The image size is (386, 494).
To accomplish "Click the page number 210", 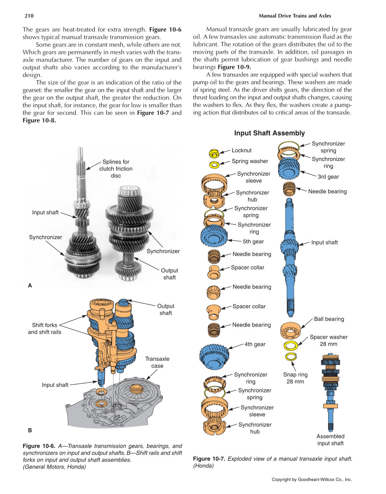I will (x=29, y=16).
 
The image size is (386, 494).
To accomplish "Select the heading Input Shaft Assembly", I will (x=269, y=133).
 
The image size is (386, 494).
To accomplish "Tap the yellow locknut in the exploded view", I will (x=214, y=153).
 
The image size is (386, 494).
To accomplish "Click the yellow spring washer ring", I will (x=214, y=165).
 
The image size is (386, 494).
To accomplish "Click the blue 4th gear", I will (x=214, y=356).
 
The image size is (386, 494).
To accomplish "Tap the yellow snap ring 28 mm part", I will (x=291, y=357).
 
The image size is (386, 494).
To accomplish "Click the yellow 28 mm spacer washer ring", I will (x=291, y=346).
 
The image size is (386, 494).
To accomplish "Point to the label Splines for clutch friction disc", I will (x=116, y=169).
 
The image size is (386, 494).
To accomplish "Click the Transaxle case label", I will (x=157, y=362).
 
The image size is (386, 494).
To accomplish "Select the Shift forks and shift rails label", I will (x=44, y=328).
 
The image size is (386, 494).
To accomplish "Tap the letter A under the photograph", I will (x=30, y=286).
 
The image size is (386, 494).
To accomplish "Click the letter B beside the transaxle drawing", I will (x=30, y=430).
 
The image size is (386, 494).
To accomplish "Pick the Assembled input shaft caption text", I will (x=330, y=440).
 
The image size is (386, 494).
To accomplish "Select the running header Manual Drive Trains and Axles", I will (x=295, y=16).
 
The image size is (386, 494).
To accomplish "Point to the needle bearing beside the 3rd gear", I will (x=289, y=189).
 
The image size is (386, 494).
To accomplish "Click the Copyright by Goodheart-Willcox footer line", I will (x=312, y=479).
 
